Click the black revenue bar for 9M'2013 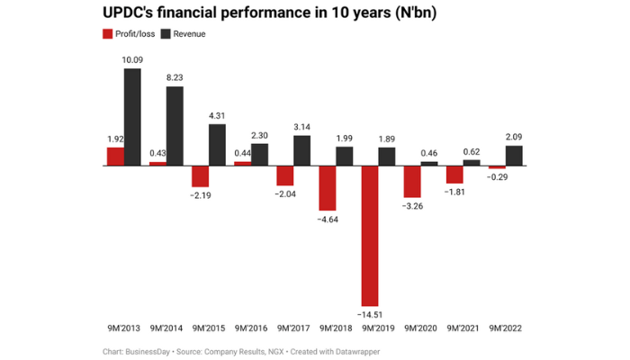pyautogui.click(x=132, y=117)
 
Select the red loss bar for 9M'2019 pyautogui.click(x=370, y=236)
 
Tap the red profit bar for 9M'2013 pyautogui.click(x=115, y=157)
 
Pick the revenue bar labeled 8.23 pyautogui.click(x=175, y=126)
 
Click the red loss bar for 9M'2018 pyautogui.click(x=328, y=188)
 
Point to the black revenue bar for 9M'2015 pyautogui.click(x=217, y=145)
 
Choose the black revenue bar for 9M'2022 pyautogui.click(x=514, y=156)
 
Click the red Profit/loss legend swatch pyautogui.click(x=107, y=34)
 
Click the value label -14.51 pyautogui.click(x=369, y=314)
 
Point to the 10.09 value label pyautogui.click(x=132, y=60)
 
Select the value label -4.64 pyautogui.click(x=326, y=219)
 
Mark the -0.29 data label pyautogui.click(x=496, y=177)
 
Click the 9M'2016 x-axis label pyautogui.click(x=250, y=328)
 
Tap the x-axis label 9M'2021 pyautogui.click(x=463, y=328)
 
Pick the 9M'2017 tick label pyautogui.click(x=293, y=328)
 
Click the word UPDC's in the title pyautogui.click(x=134, y=13)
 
